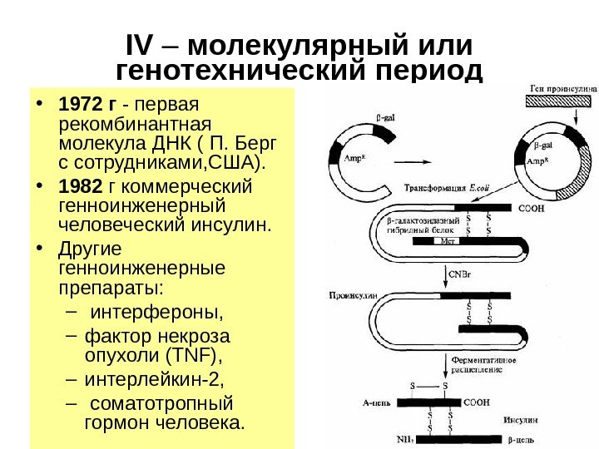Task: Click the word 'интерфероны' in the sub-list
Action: [x=156, y=313]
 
